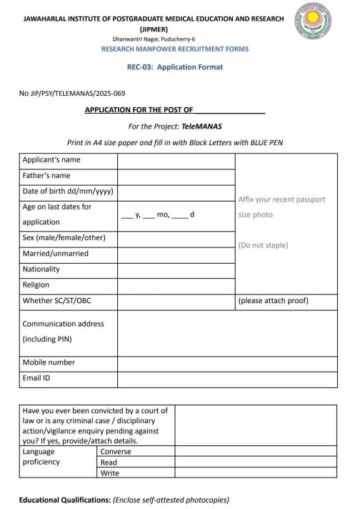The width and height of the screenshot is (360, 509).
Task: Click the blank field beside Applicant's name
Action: click(176, 160)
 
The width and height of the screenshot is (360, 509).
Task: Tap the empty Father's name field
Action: click(176, 176)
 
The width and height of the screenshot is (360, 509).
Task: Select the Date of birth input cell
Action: click(176, 192)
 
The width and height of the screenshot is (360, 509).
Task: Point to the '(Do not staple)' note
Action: click(263, 245)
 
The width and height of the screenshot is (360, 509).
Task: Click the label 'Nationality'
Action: click(41, 270)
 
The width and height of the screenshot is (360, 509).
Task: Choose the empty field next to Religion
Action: click(176, 285)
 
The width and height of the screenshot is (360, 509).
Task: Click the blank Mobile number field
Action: click(227, 362)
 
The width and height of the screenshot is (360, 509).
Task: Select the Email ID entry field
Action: click(227, 378)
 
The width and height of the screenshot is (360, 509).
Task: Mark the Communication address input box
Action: click(227, 332)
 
